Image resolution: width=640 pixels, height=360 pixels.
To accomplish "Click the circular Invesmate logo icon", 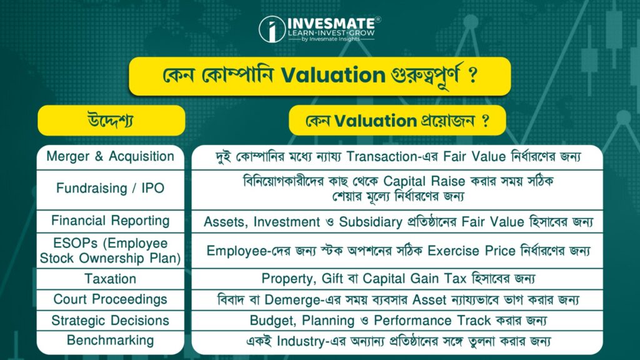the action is coord(272,29).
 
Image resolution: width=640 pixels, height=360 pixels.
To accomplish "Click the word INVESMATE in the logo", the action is coord(331,23).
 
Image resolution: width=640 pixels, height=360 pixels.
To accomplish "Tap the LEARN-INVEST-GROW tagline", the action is coord(331,32).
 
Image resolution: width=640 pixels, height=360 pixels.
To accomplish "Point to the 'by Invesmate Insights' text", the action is coord(331,39).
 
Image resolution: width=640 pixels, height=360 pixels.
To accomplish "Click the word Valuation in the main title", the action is coord(333,75).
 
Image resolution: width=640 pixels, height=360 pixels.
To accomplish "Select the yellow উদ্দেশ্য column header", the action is coord(111,121).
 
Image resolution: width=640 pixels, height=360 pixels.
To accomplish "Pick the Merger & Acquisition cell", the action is coord(110,157).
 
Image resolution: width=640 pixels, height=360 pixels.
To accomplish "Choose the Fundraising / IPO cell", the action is coord(110,189).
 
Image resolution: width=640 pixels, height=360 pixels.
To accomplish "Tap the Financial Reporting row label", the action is coord(110,221).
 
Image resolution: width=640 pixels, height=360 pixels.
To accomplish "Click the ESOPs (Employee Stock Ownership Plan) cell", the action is coord(110,251).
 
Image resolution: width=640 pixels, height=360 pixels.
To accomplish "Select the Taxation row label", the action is coord(110,279).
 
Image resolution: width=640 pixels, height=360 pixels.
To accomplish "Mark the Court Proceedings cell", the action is coord(110,299).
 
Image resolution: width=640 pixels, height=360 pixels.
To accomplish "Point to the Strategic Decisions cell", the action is coord(110,321).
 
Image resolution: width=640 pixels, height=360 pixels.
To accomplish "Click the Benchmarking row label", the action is coord(110,341).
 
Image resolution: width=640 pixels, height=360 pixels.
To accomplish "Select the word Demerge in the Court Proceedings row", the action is coord(291,300).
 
